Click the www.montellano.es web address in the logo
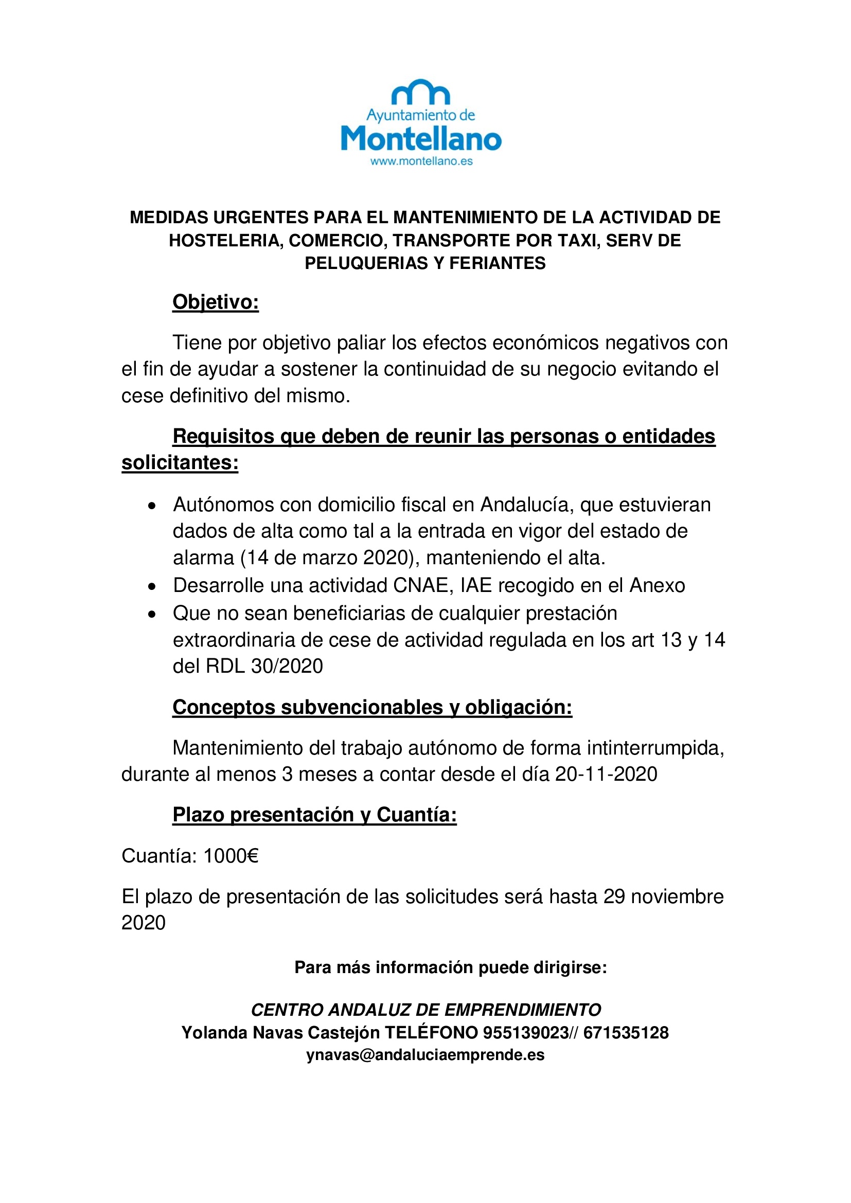421,161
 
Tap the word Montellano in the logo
421,139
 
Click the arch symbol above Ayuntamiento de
421,93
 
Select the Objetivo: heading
216,302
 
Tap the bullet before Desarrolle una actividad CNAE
152,586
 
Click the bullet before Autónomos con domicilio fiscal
152,506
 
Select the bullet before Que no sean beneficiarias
152,614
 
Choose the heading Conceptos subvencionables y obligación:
372,707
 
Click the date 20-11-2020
606,774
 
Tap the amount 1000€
231,856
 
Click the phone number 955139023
525,1032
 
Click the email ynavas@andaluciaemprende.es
425,1055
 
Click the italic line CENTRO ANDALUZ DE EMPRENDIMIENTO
426,1010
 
